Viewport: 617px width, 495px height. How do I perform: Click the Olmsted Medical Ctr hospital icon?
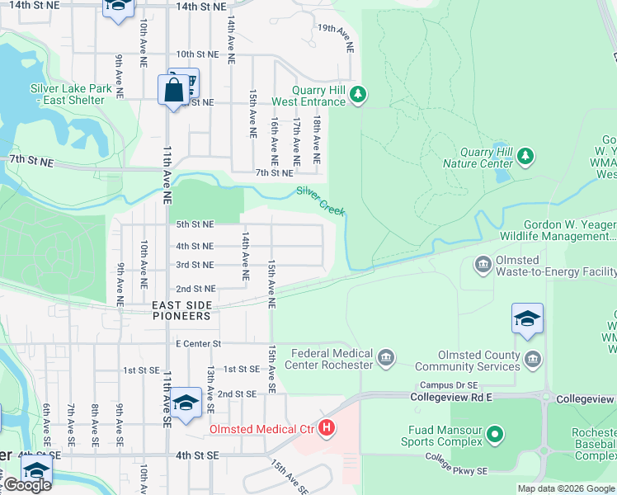pos(327,428)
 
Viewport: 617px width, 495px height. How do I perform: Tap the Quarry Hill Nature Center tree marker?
pos(525,155)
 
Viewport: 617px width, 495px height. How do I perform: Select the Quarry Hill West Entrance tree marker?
pos(357,93)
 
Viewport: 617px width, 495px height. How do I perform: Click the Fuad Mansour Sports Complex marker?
pos(494,433)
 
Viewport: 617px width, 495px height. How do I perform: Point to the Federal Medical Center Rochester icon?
pos(384,358)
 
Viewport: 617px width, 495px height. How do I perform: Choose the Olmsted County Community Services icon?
pos(534,358)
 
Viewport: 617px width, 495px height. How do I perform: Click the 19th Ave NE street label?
pos(337,38)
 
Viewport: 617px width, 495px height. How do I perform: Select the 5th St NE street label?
pos(194,224)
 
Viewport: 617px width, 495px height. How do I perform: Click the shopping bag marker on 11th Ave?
pos(174,91)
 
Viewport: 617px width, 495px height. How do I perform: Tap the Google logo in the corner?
pos(26,485)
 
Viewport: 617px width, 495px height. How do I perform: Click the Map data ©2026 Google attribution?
pos(566,488)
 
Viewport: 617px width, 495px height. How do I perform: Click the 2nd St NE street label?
pos(195,289)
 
